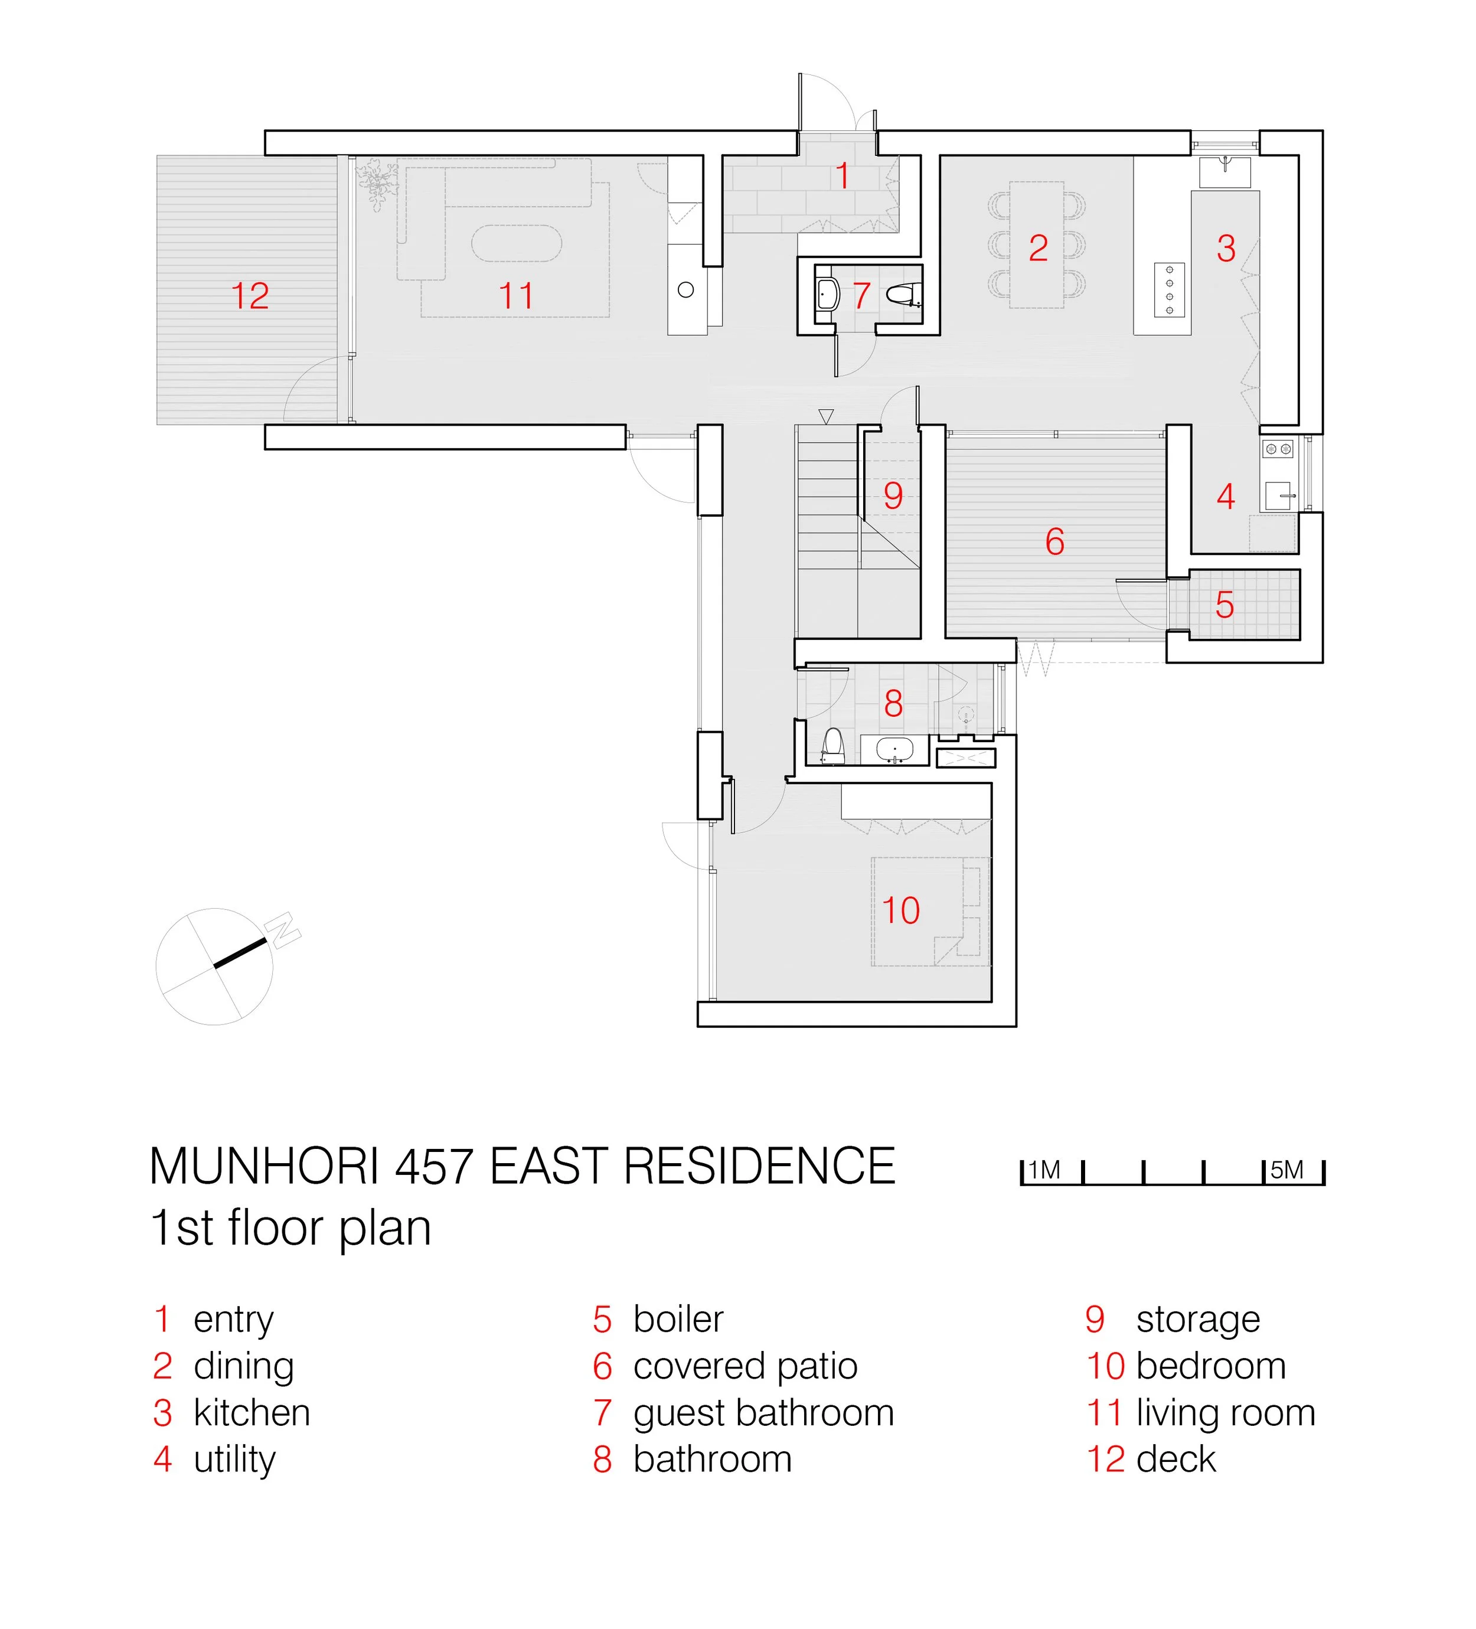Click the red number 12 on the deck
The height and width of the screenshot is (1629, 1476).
[250, 296]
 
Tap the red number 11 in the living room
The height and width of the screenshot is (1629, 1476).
[516, 296]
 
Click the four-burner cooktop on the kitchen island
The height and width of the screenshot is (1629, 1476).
[1169, 289]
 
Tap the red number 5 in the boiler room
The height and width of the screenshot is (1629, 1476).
[1224, 605]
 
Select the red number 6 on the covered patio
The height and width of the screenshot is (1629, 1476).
[1054, 541]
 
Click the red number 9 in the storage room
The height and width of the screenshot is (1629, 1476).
[892, 495]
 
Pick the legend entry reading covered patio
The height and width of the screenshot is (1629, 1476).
[745, 1366]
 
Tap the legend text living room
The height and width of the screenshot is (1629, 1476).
[1226, 1413]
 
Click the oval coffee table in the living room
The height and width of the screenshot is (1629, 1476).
[516, 243]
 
